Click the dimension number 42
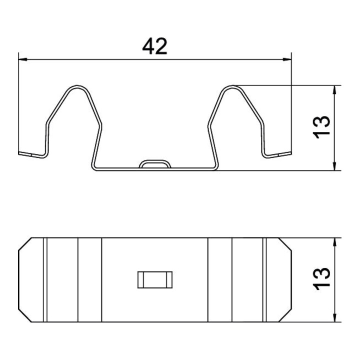[154, 46]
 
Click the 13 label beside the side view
[321, 127]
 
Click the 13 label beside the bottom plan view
[321, 279]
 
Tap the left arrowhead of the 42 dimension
[22, 59]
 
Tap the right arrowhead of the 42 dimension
[287, 59]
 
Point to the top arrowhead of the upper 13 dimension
[334, 90]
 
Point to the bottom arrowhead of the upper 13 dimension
[334, 166]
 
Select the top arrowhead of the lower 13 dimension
[334, 242]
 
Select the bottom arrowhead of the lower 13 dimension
[334, 317]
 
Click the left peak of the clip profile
[76, 86]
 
